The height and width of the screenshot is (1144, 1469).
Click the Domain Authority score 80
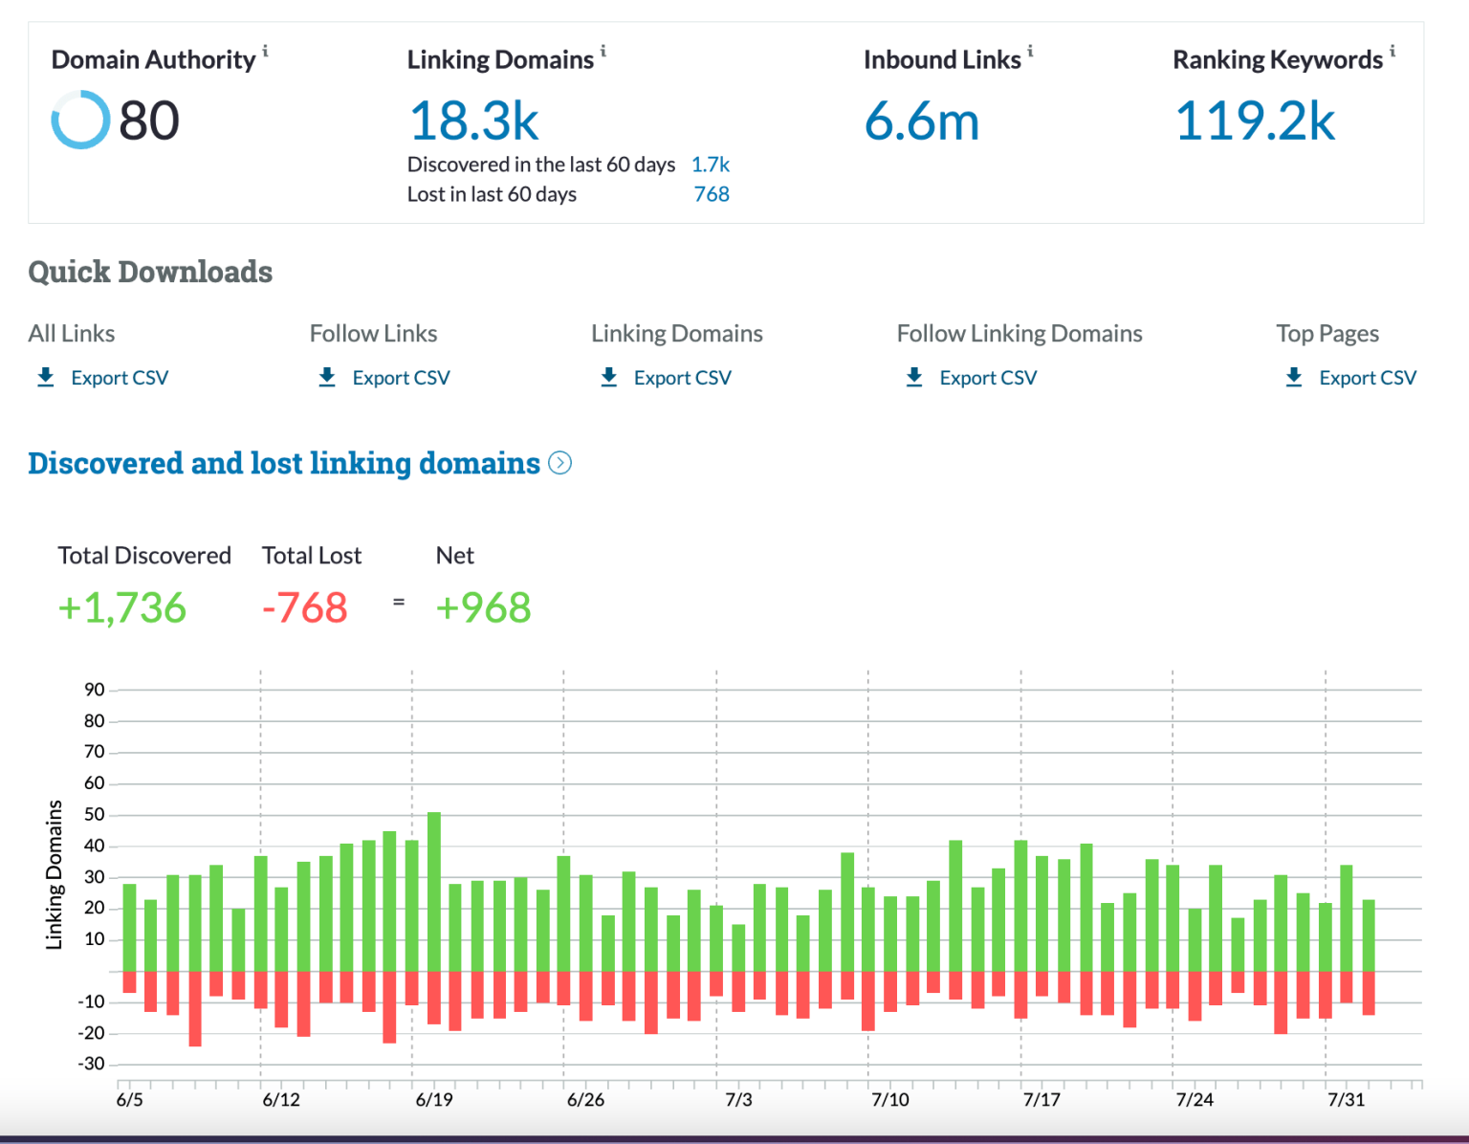pyautogui.click(x=149, y=121)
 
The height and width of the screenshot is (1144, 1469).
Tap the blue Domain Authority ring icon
pyautogui.click(x=80, y=121)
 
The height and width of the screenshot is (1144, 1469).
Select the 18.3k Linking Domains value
pyautogui.click(x=474, y=121)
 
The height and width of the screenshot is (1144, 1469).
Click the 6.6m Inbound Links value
pyautogui.click(x=922, y=121)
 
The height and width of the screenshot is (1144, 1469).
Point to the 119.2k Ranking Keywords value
pyautogui.click(x=1255, y=121)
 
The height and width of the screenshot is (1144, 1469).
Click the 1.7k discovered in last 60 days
pyautogui.click(x=710, y=165)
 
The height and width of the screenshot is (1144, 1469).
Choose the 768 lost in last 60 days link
pyautogui.click(x=712, y=194)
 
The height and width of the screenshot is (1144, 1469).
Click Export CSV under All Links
pyautogui.click(x=119, y=378)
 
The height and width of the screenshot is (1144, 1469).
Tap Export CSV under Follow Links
pyautogui.click(x=401, y=378)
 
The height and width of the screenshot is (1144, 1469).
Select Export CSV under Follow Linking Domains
pyautogui.click(x=987, y=378)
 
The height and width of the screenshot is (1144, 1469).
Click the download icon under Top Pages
pyautogui.click(x=1294, y=377)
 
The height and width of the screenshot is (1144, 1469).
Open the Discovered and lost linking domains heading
pyautogui.click(x=284, y=463)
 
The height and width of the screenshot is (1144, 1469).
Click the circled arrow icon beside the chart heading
pyautogui.click(x=560, y=463)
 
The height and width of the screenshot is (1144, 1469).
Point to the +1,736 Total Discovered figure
pyautogui.click(x=122, y=607)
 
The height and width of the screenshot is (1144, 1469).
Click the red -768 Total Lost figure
pyautogui.click(x=305, y=607)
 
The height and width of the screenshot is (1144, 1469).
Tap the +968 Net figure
pyautogui.click(x=483, y=607)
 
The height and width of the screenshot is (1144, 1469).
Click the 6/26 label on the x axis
pyautogui.click(x=585, y=1100)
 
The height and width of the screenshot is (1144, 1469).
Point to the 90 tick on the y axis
pyautogui.click(x=94, y=690)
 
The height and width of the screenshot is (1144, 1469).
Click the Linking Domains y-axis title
pyautogui.click(x=55, y=874)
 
